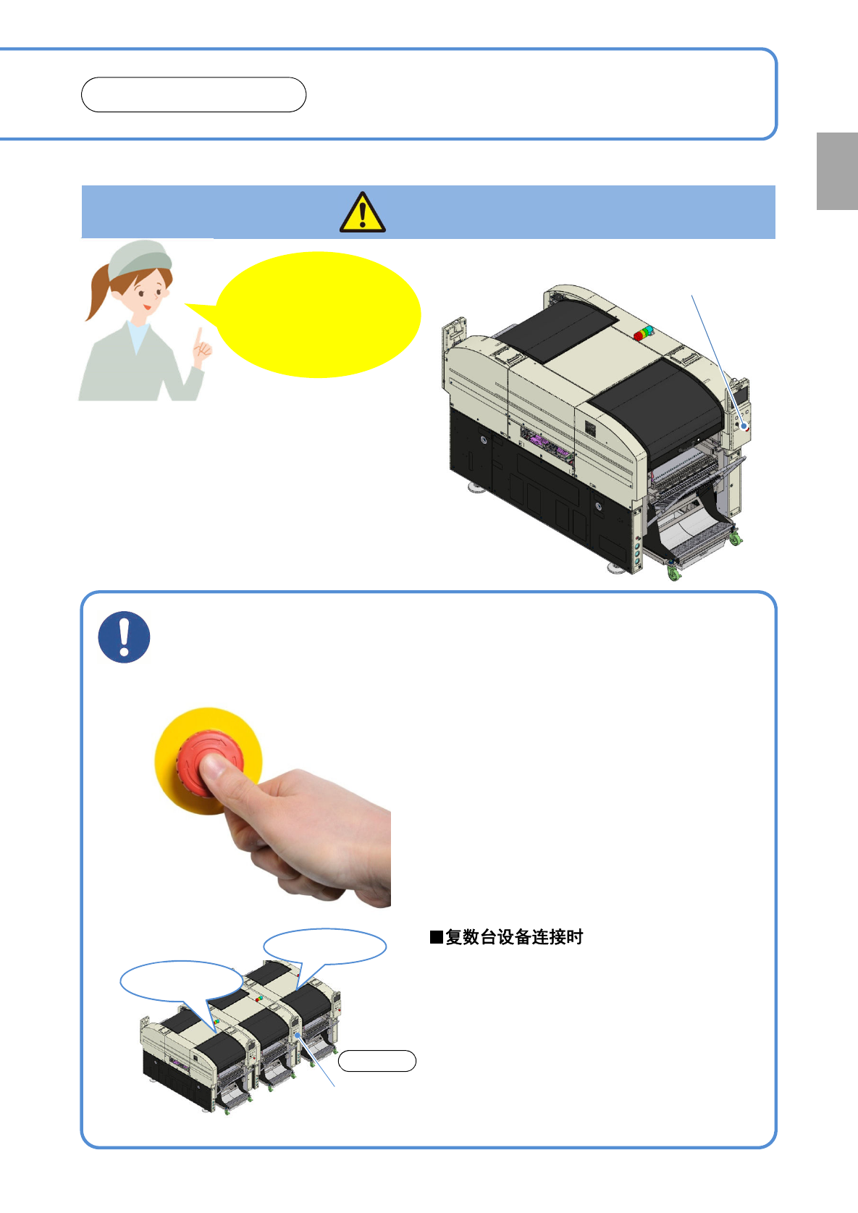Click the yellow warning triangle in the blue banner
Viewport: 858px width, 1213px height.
[x=362, y=213]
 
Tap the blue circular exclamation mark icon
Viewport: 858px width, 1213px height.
[x=124, y=637]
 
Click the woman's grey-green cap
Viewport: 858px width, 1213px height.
[x=139, y=259]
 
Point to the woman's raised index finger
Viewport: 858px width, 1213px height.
[x=199, y=336]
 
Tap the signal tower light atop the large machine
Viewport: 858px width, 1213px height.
[x=643, y=332]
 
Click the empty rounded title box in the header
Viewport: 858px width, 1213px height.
[x=194, y=95]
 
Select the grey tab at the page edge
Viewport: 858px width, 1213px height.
[x=837, y=171]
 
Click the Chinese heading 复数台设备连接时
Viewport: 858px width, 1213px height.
[x=514, y=937]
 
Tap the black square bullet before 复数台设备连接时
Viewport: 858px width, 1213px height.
[x=437, y=937]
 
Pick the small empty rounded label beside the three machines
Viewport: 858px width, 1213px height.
[x=377, y=1061]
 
